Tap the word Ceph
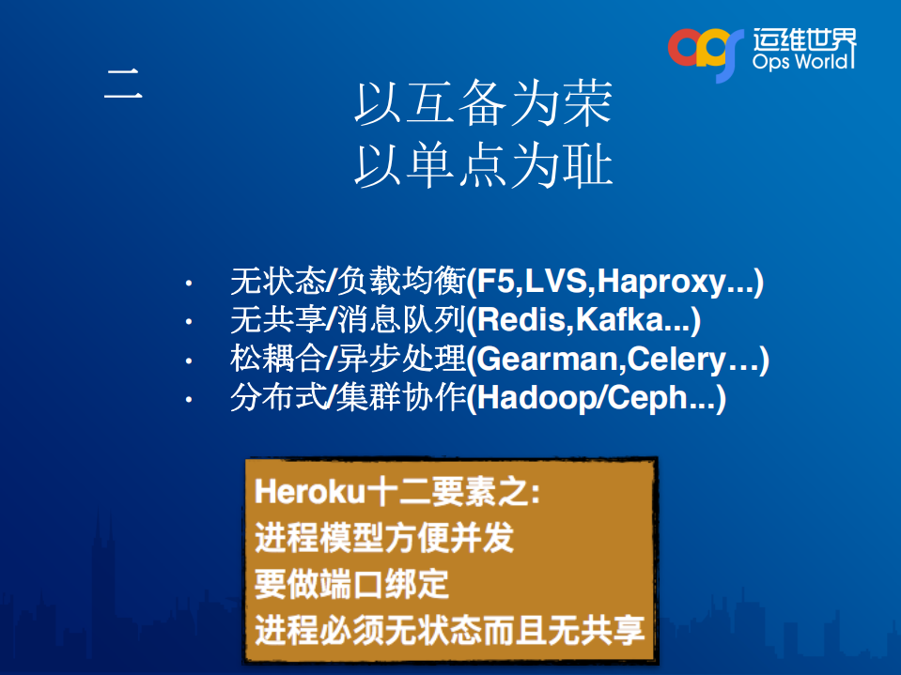(649, 399)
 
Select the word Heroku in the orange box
(296, 492)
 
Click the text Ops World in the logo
(803, 62)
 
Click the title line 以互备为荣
(483, 104)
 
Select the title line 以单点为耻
(483, 167)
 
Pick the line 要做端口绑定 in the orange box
(351, 584)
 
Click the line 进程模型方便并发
(384, 538)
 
